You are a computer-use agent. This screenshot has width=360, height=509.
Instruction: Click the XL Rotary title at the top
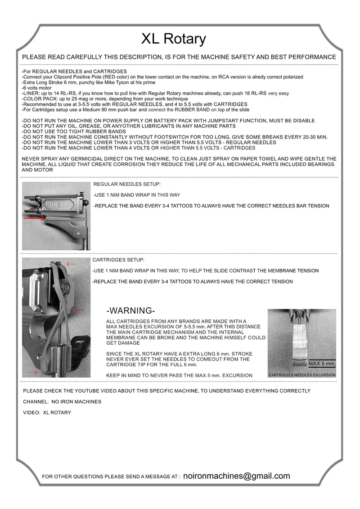[x=174, y=39]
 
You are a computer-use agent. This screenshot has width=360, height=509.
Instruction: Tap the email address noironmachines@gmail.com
[x=237, y=476]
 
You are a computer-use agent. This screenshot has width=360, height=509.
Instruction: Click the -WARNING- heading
[x=131, y=311]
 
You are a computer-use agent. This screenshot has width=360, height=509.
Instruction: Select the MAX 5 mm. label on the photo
[x=322, y=363]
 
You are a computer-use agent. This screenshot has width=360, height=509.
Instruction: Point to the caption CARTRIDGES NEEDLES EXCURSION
[x=301, y=375]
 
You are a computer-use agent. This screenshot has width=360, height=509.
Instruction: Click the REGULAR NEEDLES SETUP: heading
[x=120, y=184]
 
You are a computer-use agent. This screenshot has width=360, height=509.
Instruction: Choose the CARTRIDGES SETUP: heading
[x=118, y=260]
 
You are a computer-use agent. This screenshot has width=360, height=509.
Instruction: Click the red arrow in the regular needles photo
[x=34, y=218]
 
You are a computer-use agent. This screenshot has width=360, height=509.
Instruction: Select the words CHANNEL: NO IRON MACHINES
[x=62, y=401]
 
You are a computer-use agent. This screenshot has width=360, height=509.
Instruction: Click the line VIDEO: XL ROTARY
[x=47, y=412]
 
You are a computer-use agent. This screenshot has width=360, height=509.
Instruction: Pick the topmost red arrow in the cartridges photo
[x=71, y=264]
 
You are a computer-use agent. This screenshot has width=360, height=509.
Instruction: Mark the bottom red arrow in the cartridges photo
[x=32, y=373]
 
